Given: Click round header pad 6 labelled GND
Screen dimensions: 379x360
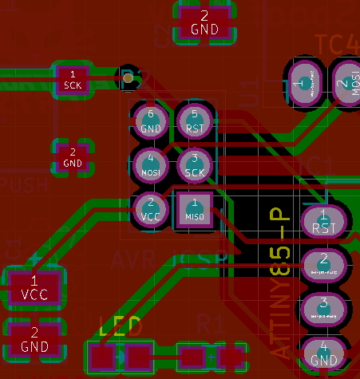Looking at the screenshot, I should pos(151,121).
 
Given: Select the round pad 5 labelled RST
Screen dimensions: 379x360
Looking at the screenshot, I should pos(194,121).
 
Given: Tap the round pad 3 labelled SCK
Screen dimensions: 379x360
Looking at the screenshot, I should pos(194,164).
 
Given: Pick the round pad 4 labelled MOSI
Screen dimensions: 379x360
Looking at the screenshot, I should pos(151,164).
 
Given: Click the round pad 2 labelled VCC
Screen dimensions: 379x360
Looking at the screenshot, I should pos(151,208).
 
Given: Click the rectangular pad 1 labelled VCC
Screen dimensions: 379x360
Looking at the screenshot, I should pos(34,287).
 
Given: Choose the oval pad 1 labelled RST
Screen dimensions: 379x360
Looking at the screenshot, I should pos(323,221).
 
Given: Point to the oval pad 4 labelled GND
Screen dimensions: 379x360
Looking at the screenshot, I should pos(323,353).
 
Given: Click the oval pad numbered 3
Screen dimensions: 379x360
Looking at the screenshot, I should pos(323,308).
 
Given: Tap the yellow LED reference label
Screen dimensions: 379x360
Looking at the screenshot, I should pos(121,326).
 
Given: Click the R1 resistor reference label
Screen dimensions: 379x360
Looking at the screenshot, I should pos(210,323).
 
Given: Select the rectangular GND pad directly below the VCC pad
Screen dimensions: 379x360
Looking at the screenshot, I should pos(34,338).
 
